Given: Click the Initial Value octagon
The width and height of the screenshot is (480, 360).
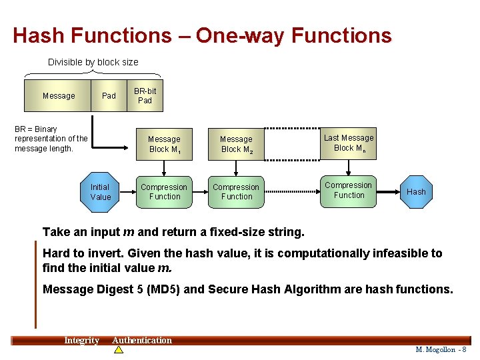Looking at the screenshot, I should click(101, 192).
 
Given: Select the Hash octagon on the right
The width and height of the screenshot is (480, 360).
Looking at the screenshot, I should click(416, 191).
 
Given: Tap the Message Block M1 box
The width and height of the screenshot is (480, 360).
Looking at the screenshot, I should click(164, 144).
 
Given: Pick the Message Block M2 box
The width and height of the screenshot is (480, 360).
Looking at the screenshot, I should click(237, 144).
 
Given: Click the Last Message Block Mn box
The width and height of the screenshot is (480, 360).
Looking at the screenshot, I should click(349, 143).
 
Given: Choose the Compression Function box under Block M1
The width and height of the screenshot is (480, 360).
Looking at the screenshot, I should click(164, 192).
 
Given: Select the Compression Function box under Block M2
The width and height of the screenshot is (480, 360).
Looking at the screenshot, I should click(237, 192).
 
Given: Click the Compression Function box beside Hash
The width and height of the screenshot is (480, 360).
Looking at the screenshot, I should click(349, 190).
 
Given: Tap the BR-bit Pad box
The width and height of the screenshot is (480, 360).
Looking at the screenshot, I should click(145, 95).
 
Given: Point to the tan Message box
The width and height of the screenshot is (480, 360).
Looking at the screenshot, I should click(58, 95).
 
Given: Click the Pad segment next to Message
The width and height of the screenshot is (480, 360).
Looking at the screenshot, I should click(109, 95).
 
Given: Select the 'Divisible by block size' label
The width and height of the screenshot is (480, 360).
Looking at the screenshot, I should click(93, 62).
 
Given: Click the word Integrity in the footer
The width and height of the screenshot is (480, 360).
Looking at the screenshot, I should click(81, 341).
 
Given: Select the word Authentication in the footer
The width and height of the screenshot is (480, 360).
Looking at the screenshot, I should click(142, 341).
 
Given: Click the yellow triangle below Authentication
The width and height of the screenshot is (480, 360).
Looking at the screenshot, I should click(119, 349).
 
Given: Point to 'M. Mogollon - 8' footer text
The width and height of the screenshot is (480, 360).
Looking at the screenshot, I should click(441, 349).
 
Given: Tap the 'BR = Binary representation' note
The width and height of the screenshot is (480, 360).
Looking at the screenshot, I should click(51, 139).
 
